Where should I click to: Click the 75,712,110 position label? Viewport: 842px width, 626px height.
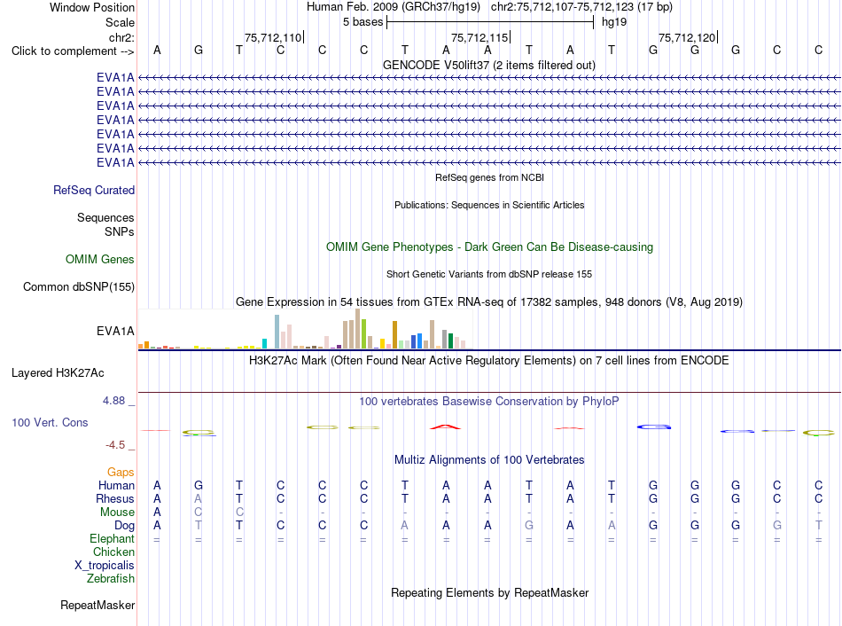pyautogui.click(x=273, y=37)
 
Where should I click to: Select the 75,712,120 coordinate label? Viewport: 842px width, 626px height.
pyautogui.click(x=687, y=37)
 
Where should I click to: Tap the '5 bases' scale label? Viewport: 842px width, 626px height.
pyautogui.click(x=363, y=22)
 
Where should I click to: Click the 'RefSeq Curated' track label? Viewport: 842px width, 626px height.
pyautogui.click(x=94, y=191)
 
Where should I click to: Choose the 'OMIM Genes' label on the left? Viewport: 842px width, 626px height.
pyautogui.click(x=100, y=260)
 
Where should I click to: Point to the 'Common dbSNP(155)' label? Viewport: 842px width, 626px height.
pyautogui.click(x=79, y=287)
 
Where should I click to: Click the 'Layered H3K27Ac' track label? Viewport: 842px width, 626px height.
pyautogui.click(x=58, y=373)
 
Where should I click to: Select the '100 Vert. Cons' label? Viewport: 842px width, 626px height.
pyautogui.click(x=50, y=422)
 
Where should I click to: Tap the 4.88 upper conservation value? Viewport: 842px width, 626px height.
pyautogui.click(x=113, y=400)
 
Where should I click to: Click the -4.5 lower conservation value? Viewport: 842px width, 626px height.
pyautogui.click(x=115, y=445)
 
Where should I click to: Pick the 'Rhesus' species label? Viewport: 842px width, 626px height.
pyautogui.click(x=115, y=498)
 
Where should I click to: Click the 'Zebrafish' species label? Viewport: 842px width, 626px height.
pyautogui.click(x=111, y=579)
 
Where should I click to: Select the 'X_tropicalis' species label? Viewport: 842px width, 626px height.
pyautogui.click(x=105, y=566)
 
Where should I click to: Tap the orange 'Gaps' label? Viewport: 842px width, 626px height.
pyautogui.click(x=121, y=473)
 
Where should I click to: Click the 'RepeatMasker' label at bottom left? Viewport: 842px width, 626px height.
pyautogui.click(x=97, y=605)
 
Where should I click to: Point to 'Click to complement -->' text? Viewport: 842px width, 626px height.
pyautogui.click(x=73, y=51)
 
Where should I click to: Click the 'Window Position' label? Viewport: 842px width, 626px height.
pyautogui.click(x=92, y=7)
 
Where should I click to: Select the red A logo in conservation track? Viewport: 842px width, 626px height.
pyautogui.click(x=446, y=427)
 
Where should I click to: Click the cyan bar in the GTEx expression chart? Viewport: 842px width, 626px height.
pyautogui.click(x=264, y=344)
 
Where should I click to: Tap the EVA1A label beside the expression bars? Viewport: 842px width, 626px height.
pyautogui.click(x=115, y=331)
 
